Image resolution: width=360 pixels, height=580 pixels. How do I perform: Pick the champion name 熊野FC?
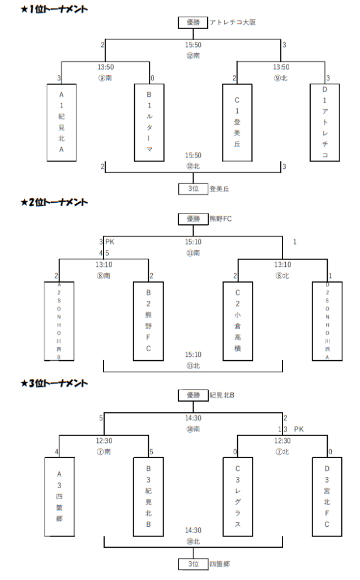(221, 219)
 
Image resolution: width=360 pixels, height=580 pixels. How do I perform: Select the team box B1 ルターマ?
(149, 122)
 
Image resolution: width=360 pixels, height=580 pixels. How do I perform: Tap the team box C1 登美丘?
(237, 122)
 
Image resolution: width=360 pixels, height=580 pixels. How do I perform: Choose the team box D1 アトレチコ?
(325, 122)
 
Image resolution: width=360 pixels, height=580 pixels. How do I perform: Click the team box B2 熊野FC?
(149, 321)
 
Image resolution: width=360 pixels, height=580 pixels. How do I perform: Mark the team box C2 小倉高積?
(237, 321)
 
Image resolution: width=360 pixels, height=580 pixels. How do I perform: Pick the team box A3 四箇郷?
(60, 497)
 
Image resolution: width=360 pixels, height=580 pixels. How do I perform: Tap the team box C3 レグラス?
(237, 497)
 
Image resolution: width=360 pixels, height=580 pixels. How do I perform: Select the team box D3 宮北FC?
(327, 497)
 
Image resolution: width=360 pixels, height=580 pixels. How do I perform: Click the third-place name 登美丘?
(219, 189)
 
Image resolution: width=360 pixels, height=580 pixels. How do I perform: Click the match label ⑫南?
(192, 56)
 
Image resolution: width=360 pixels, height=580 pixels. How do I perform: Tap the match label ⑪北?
(192, 366)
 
